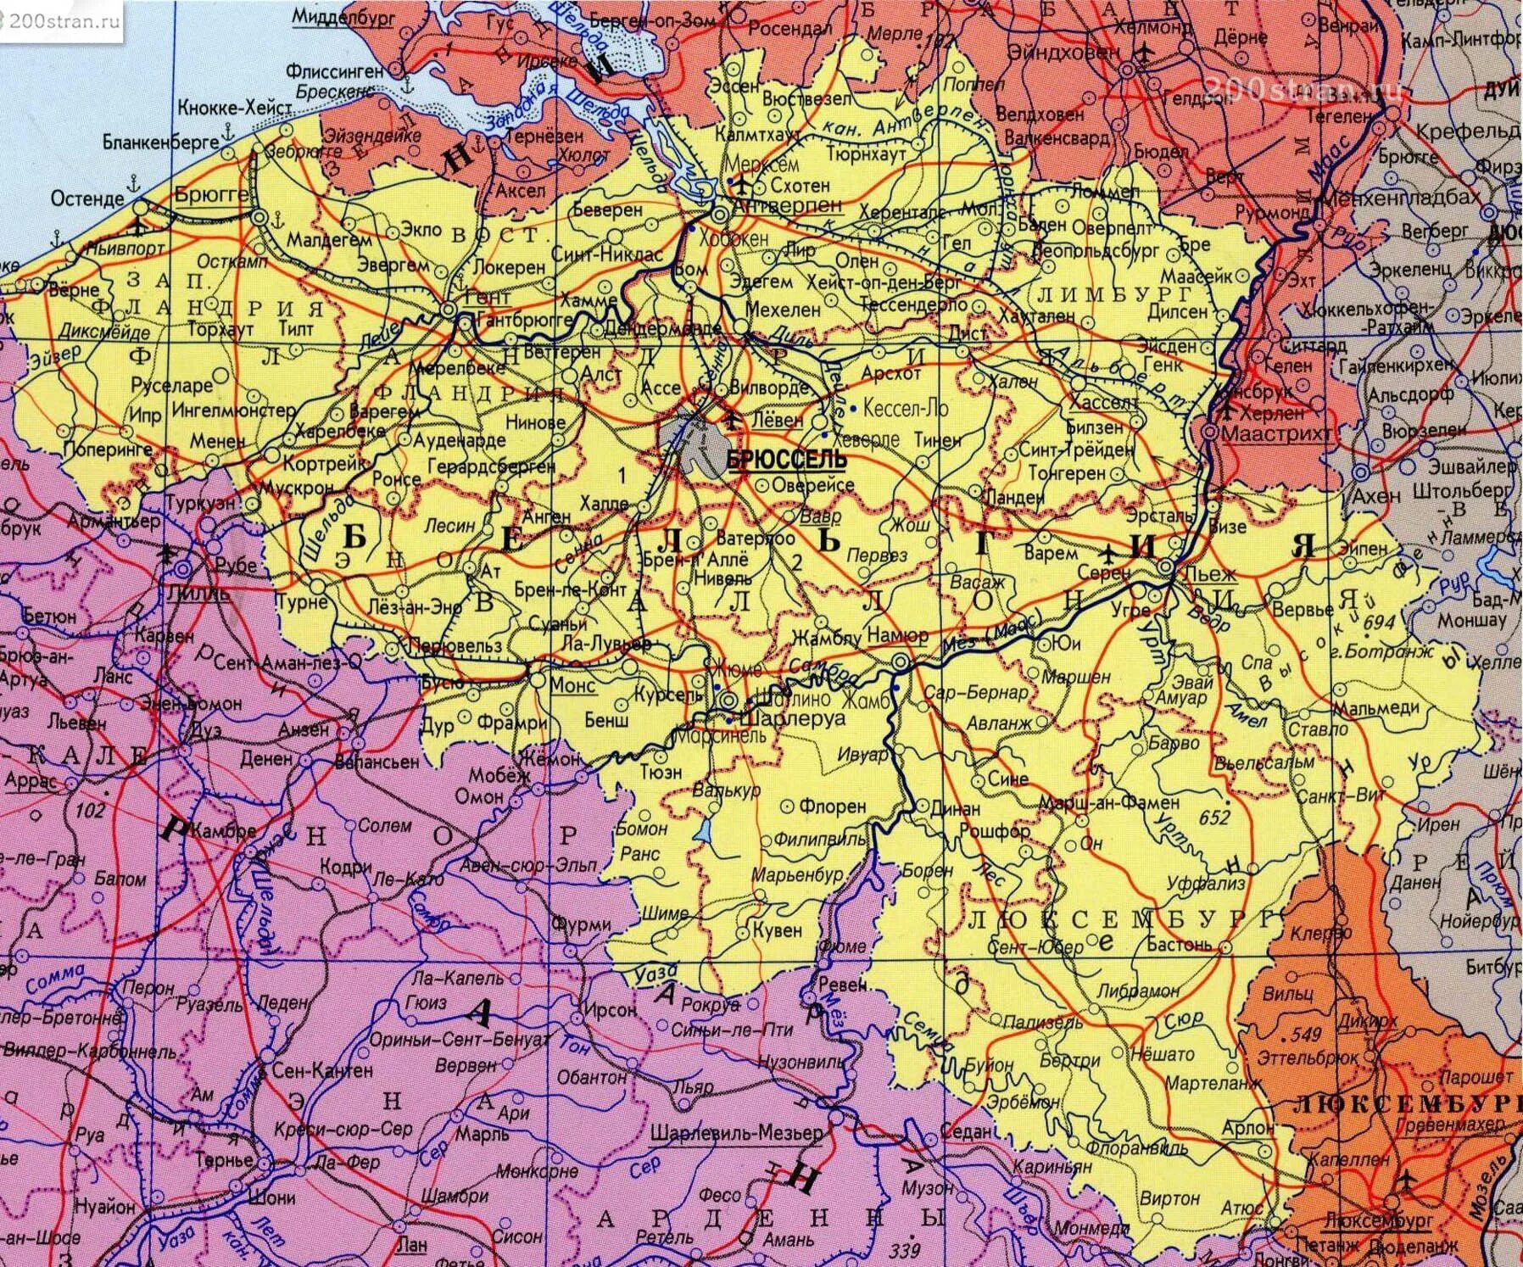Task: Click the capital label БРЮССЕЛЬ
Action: coord(787,460)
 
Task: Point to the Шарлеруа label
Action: coord(793,718)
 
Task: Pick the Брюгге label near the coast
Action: coord(212,193)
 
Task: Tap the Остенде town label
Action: coord(87,198)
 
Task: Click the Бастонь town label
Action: coord(1180,944)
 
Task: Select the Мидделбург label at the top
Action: coord(343,16)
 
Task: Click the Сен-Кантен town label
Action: coord(322,1070)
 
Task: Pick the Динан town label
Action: coord(956,809)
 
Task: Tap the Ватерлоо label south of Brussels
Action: coord(756,539)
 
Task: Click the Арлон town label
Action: coord(1248,1129)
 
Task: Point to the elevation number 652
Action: coord(1214,818)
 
